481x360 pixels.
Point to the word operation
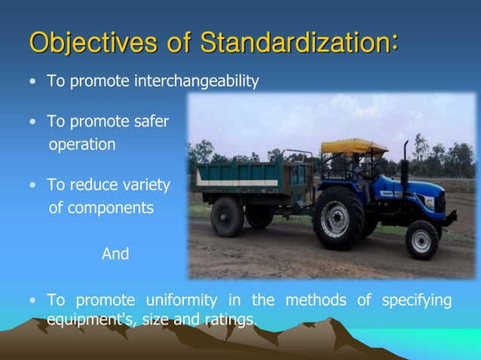coord(82,145)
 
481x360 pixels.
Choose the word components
coord(111,208)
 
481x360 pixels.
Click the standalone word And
coord(115,255)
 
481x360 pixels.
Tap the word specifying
coord(416,301)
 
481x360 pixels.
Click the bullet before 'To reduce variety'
coord(32,186)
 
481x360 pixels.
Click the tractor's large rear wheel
coord(339,218)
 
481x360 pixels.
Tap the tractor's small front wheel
coord(422,239)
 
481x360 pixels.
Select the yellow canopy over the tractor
coord(354,146)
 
